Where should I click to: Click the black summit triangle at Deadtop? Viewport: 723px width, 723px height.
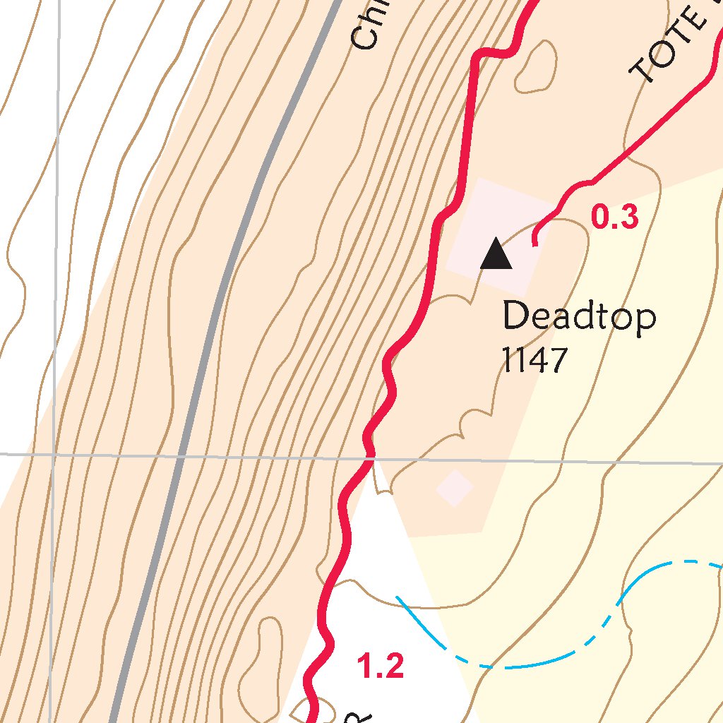pyautogui.click(x=496, y=255)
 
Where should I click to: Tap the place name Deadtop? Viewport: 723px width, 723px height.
pyautogui.click(x=579, y=317)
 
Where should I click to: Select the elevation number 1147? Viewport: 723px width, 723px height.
pyautogui.click(x=534, y=361)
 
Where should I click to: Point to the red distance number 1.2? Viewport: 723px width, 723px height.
pyautogui.click(x=381, y=667)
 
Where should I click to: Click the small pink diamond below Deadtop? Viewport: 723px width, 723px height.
pyautogui.click(x=454, y=488)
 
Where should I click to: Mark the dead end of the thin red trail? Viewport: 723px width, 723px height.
pyautogui.click(x=534, y=244)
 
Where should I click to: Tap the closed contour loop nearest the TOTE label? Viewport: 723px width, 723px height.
pyautogui.click(x=537, y=67)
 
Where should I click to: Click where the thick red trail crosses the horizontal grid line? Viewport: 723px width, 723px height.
pyautogui.click(x=369, y=459)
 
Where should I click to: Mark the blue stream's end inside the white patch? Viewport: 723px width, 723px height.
pyautogui.click(x=398, y=597)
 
